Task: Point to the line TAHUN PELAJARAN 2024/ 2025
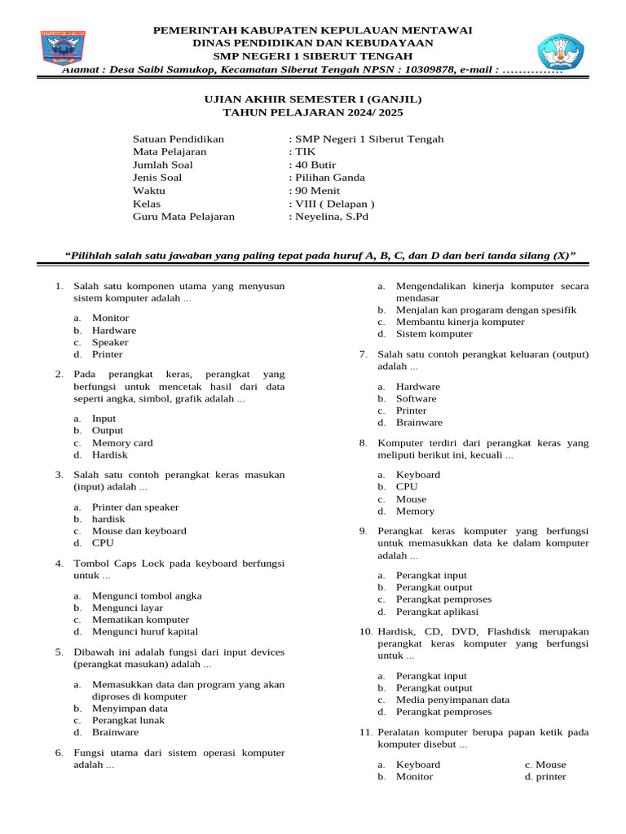313,112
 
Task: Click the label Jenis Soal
157,178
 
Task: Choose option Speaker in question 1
110,342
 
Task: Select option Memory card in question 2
122,443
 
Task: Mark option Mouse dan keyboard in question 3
139,530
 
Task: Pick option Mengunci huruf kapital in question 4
144,631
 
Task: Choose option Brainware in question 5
115,732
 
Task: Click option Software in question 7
416,398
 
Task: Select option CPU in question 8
407,486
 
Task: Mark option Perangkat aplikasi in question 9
437,612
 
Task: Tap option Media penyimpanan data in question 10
452,700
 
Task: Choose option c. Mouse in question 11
545,765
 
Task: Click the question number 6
59,753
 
